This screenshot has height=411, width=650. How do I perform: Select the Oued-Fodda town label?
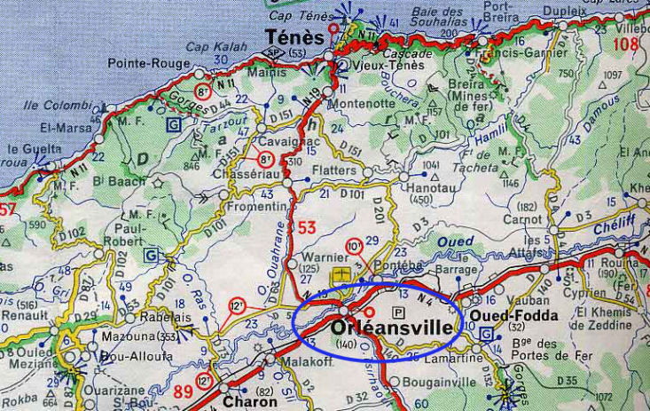(501, 316)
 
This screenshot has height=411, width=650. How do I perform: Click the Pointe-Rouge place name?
(144, 63)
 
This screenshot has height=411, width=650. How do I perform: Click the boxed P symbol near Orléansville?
(398, 312)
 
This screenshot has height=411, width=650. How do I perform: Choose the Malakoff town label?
(302, 362)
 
